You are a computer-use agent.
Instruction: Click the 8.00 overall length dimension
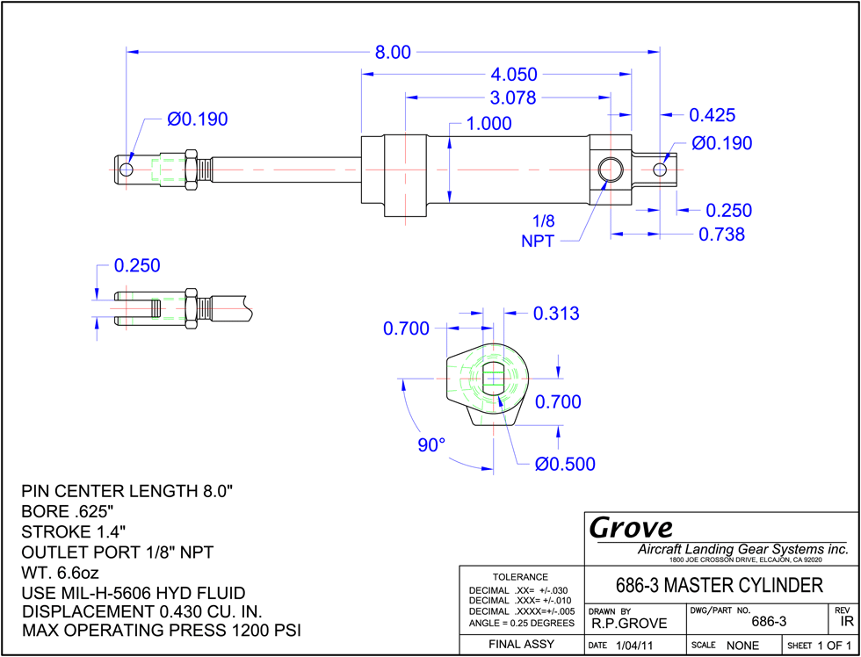point(393,53)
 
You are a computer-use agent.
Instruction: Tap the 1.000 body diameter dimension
point(488,124)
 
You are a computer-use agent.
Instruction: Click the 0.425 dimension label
point(712,115)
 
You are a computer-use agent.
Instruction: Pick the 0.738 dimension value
point(721,235)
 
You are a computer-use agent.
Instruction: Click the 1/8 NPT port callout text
point(538,231)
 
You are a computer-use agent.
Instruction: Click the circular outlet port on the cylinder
point(610,169)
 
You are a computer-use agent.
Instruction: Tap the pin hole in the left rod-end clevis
point(126,169)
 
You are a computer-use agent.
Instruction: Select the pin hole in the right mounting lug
point(659,169)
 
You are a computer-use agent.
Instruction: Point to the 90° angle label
point(431,445)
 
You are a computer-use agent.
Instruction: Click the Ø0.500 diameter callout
point(565,465)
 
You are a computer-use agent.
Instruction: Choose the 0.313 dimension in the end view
point(556,314)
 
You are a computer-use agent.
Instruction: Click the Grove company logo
point(631,528)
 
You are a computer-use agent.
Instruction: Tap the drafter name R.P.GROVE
point(629,623)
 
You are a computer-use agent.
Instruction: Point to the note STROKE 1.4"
point(74,531)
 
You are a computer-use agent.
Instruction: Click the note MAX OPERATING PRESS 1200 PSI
point(162,630)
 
